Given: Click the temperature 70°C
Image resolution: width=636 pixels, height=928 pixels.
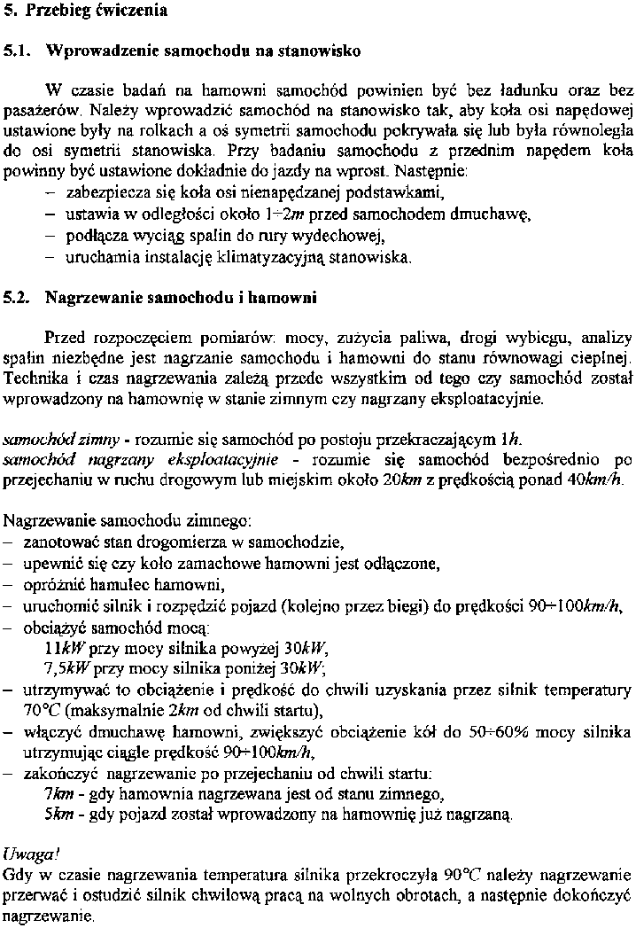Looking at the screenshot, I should tap(42, 710).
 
